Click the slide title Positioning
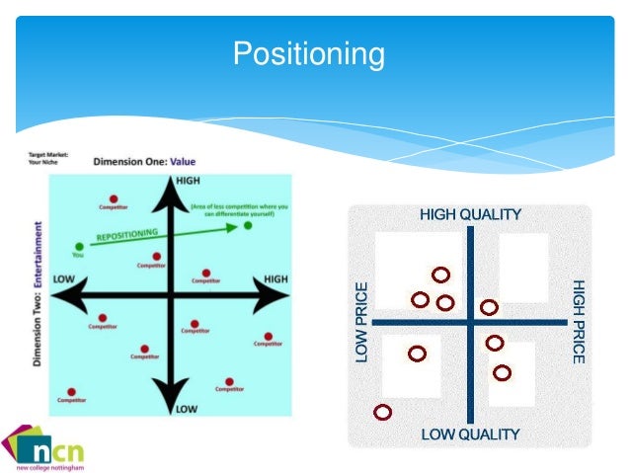point(308,53)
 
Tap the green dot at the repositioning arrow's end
point(248,226)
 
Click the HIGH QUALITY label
point(470,214)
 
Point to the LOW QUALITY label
point(470,434)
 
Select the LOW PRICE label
point(361,322)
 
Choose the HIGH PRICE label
point(579,322)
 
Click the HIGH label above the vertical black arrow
point(186,181)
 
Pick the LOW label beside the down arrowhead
point(186,408)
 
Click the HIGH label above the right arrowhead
point(276,279)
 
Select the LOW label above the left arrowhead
point(65,279)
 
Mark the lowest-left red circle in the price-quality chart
point(383,411)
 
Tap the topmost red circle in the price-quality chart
point(440,275)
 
